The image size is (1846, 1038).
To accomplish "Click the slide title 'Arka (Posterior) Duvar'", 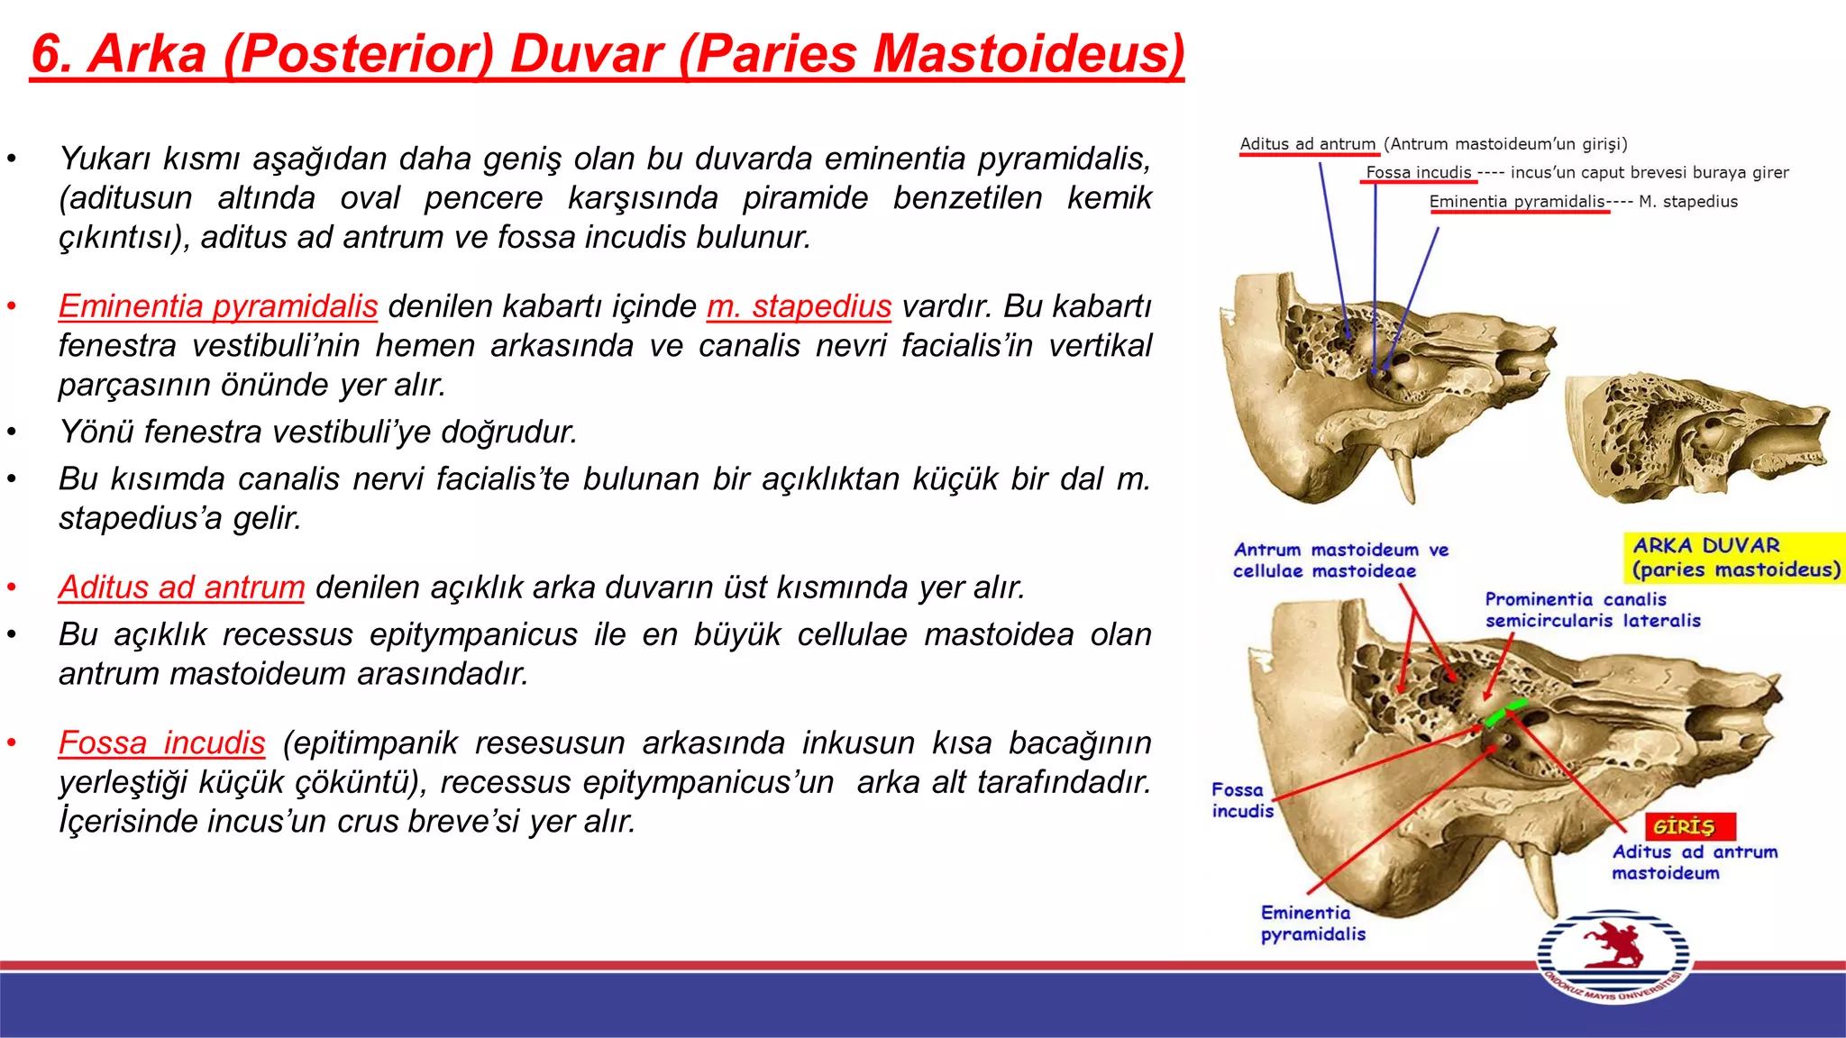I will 607,54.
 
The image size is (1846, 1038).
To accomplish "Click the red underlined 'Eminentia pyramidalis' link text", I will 217,306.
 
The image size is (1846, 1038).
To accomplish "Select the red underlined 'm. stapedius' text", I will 799,306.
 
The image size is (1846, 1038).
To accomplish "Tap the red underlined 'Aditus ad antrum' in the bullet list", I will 181,587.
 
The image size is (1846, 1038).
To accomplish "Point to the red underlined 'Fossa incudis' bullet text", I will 161,743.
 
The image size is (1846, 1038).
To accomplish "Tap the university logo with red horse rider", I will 1613,957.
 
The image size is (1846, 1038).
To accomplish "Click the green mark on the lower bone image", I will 1506,711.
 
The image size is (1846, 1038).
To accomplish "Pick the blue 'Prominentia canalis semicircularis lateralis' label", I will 1593,610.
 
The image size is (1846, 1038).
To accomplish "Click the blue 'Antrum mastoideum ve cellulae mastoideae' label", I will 1340,560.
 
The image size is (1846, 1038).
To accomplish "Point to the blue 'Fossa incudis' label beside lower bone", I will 1241,800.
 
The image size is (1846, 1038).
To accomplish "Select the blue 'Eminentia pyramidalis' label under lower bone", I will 1312,924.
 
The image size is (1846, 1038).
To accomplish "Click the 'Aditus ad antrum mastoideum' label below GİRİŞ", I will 1694,862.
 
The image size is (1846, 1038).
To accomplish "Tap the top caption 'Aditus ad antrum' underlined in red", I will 1307,144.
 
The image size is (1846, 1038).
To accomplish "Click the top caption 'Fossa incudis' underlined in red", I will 1418,172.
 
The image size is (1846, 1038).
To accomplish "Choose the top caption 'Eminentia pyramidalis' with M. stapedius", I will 1517,202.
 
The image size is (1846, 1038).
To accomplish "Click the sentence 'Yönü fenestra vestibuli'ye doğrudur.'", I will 317,432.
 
